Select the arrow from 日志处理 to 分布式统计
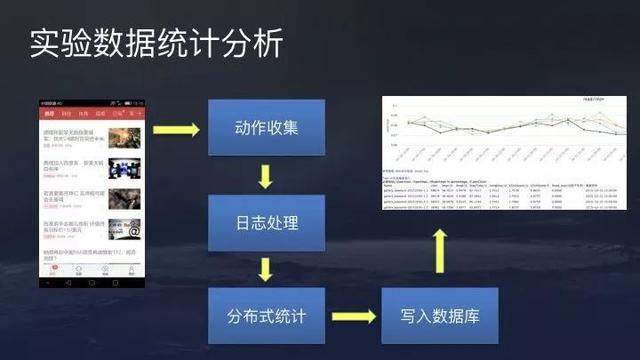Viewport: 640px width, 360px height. coord(265,269)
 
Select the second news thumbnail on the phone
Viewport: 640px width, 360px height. coord(125,167)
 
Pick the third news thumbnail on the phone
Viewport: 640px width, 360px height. coord(125,198)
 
